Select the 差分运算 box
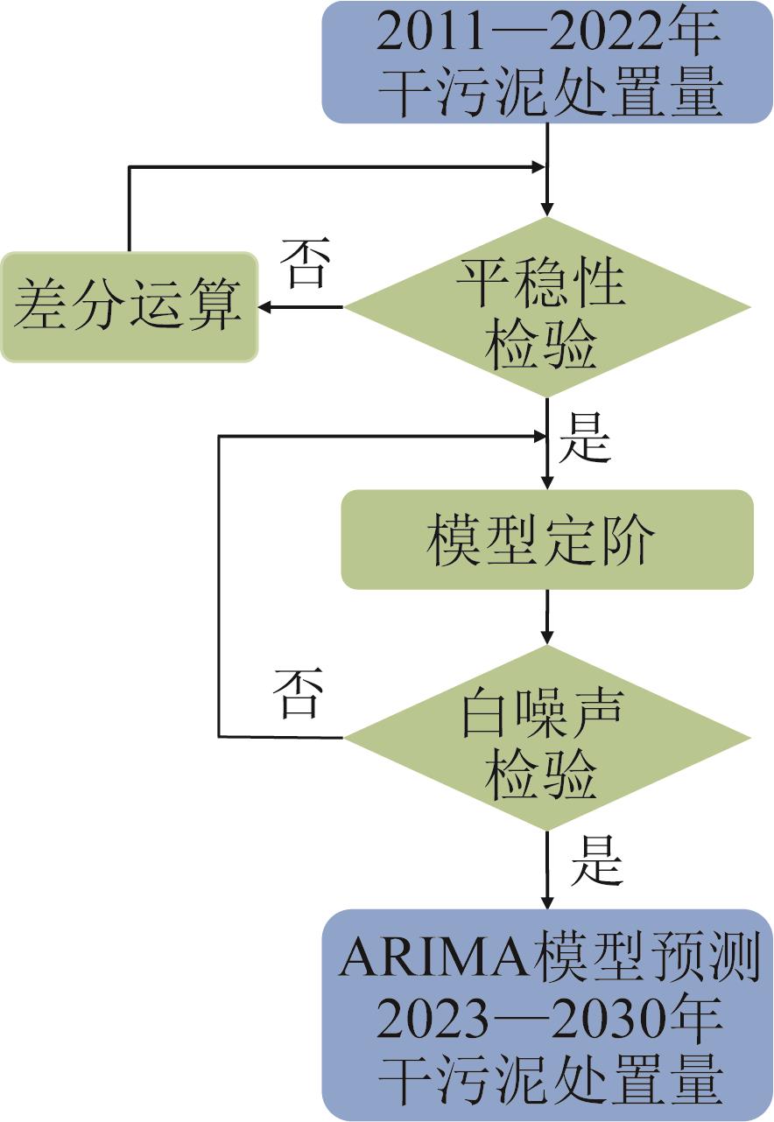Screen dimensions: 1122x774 point(129,307)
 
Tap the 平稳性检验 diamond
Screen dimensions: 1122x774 point(547,307)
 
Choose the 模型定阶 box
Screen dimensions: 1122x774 point(547,539)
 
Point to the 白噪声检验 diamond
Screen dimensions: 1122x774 point(547,738)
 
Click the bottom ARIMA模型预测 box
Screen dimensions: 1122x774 point(547,1015)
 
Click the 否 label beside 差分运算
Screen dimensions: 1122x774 point(303,268)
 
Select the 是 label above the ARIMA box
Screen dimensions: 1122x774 point(596,865)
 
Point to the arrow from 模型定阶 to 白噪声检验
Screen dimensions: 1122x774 point(547,617)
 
